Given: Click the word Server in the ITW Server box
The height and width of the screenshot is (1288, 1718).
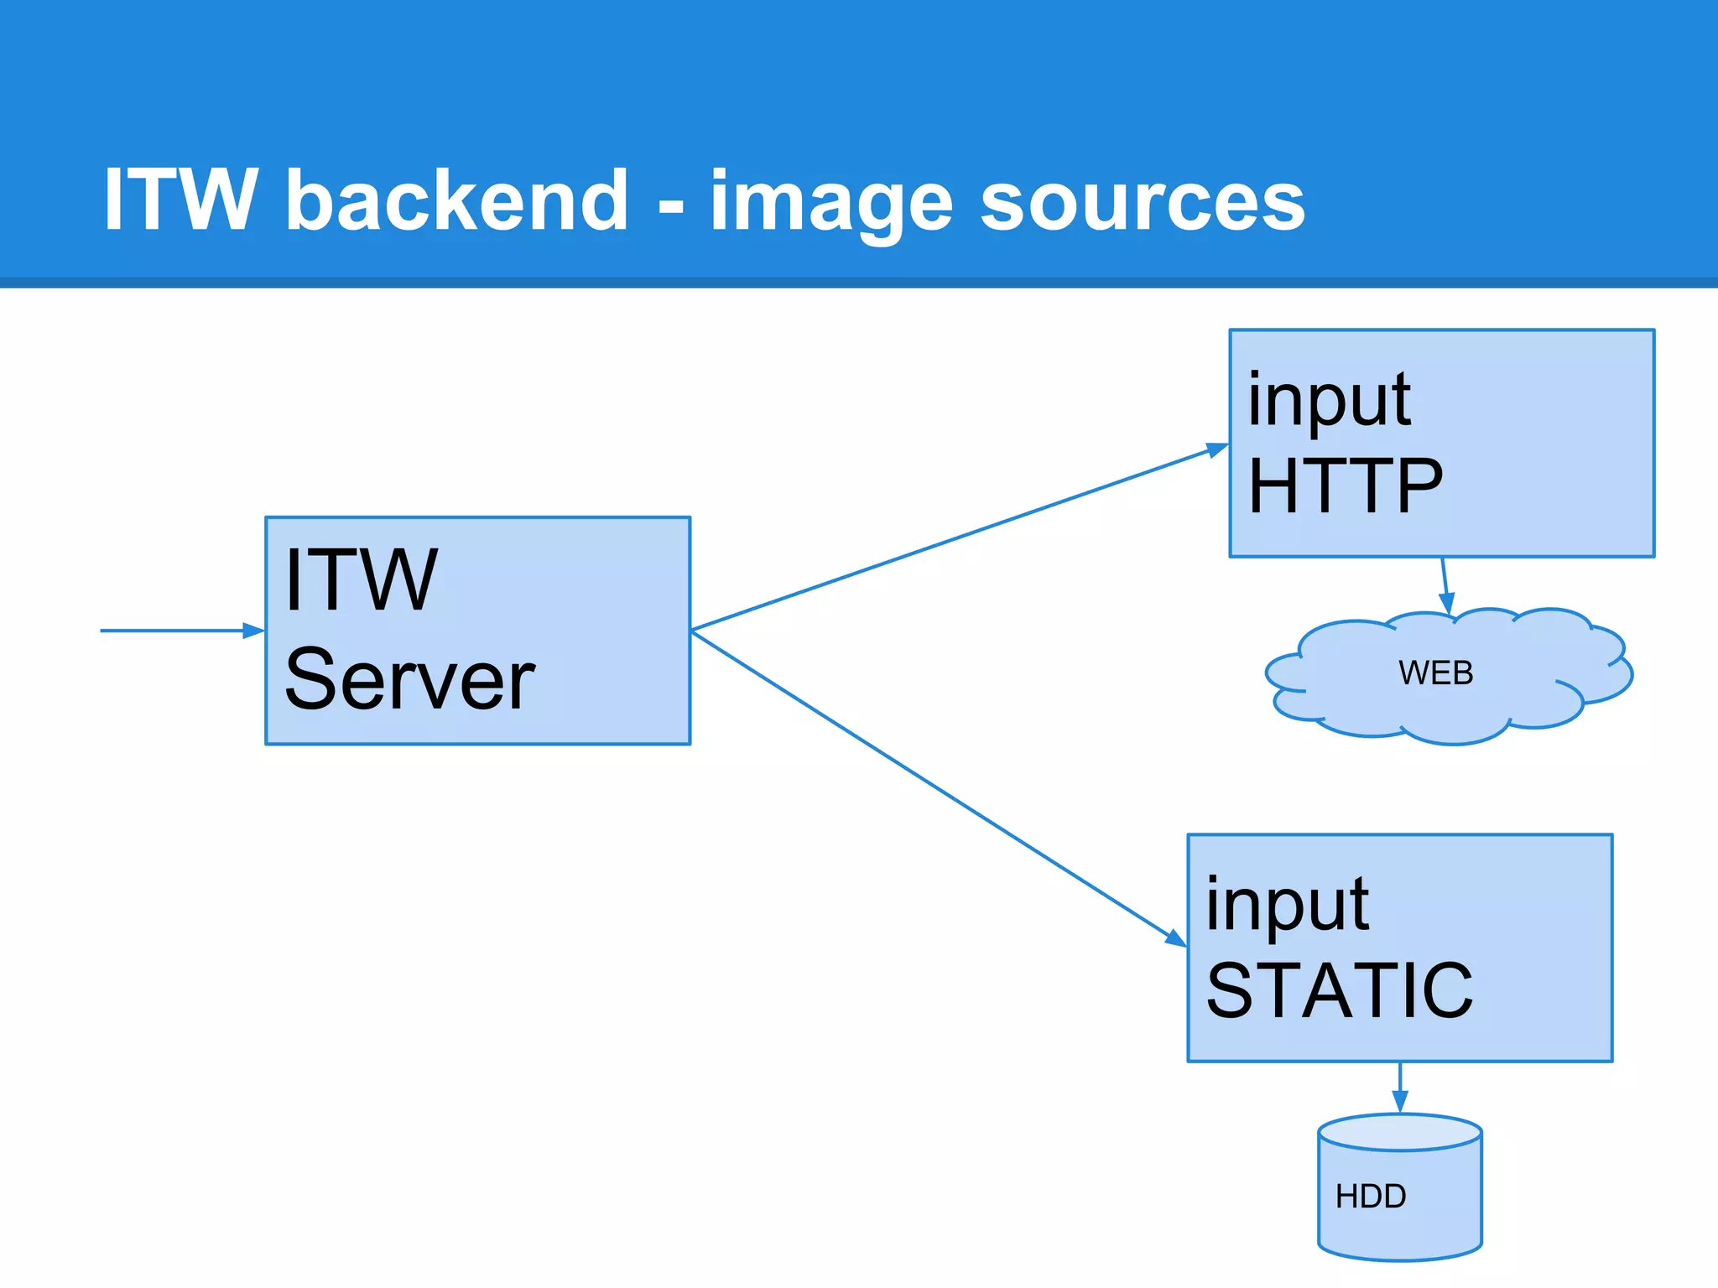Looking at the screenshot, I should tap(409, 679).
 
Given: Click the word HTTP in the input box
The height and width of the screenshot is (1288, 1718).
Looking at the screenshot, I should tap(1345, 486).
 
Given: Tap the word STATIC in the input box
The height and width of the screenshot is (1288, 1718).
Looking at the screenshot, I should tap(1339, 991).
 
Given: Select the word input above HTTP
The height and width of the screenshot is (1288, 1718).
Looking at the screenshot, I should tap(1329, 401).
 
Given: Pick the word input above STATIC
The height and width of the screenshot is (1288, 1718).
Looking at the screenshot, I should tap(1287, 906).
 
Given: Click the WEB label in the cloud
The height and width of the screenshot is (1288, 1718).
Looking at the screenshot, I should tap(1435, 673).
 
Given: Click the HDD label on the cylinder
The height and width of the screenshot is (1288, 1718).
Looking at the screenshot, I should tap(1371, 1197).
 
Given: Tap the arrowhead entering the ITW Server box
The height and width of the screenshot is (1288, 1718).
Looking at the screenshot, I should tap(253, 631).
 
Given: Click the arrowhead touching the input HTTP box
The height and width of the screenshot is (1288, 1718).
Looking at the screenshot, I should tap(1217, 449).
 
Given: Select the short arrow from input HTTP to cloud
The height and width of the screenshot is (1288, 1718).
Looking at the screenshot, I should tap(1445, 583).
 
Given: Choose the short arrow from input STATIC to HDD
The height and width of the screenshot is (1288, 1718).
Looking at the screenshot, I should tap(1399, 1085).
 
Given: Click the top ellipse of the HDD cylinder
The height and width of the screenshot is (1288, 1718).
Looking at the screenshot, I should tap(1399, 1132).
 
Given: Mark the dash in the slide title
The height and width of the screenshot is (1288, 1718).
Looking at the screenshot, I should tap(671, 205).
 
